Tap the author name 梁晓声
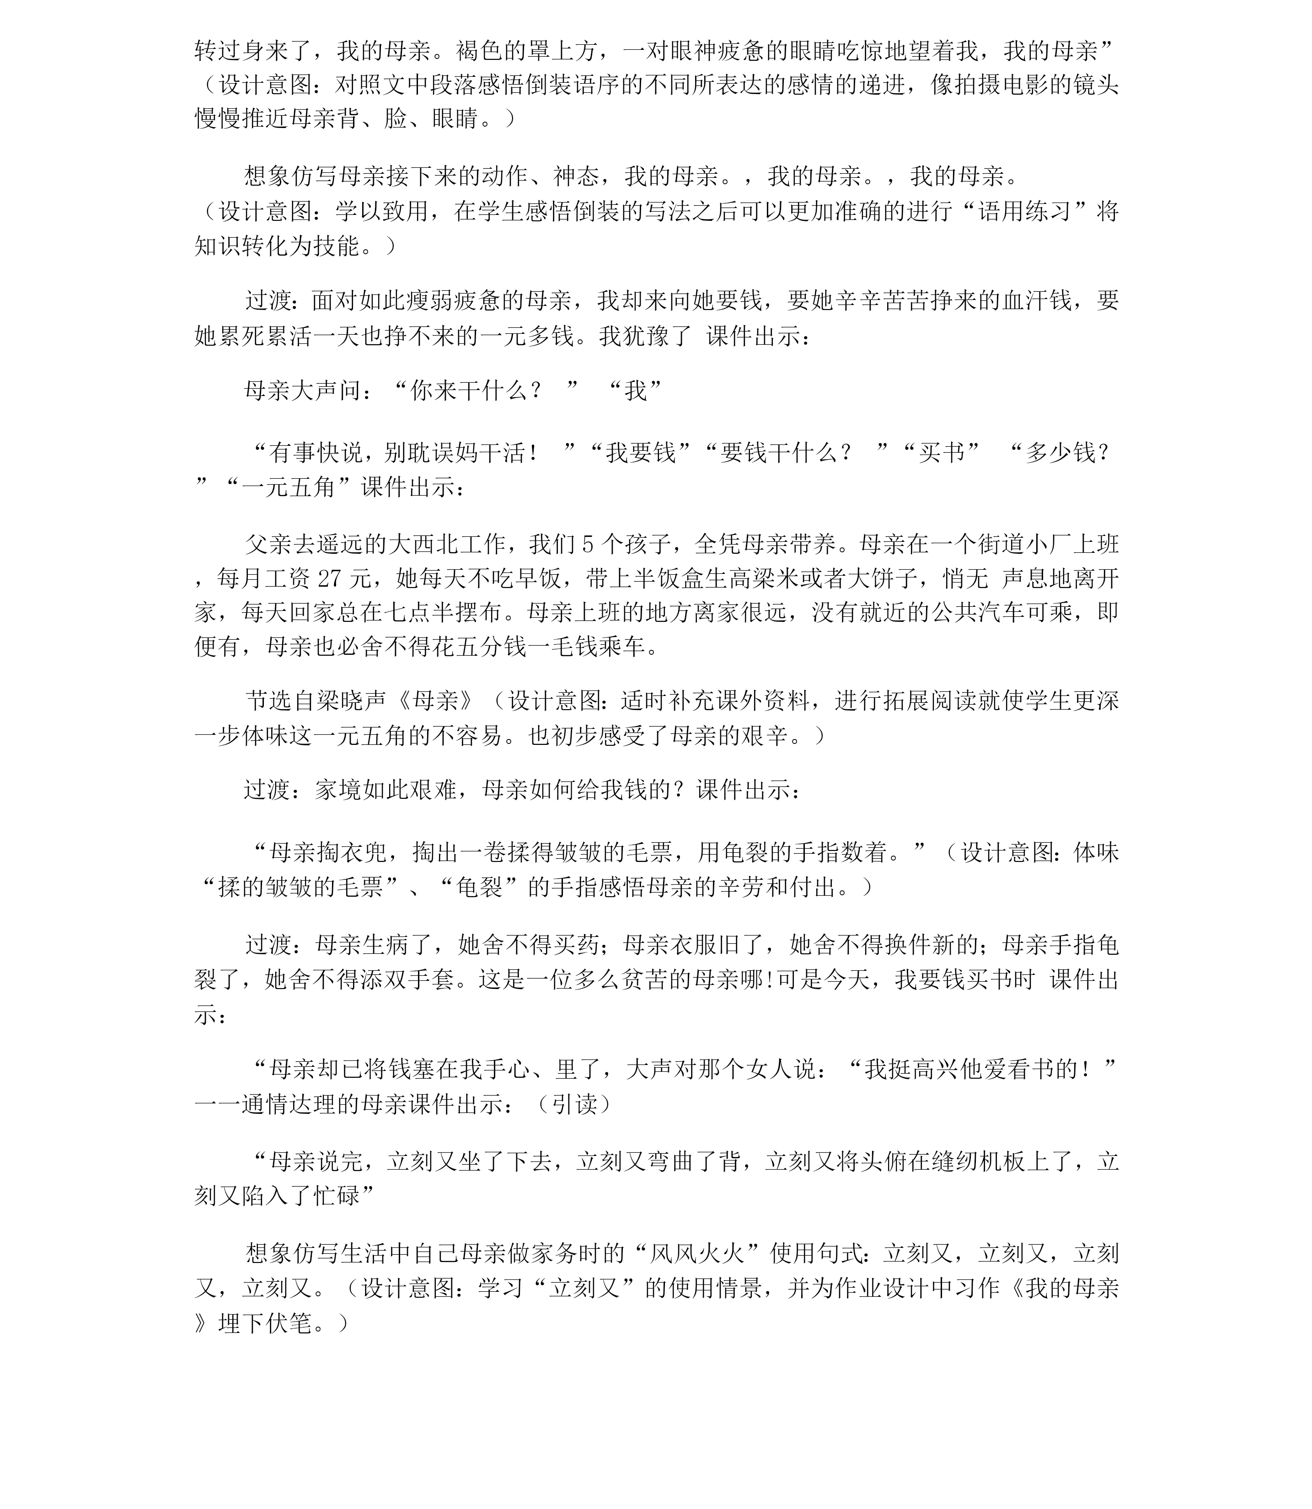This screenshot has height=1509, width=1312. click(x=351, y=701)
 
